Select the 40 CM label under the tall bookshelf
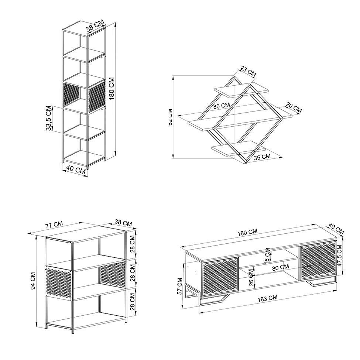(75, 169)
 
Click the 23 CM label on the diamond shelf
(248, 71)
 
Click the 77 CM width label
(54, 224)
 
